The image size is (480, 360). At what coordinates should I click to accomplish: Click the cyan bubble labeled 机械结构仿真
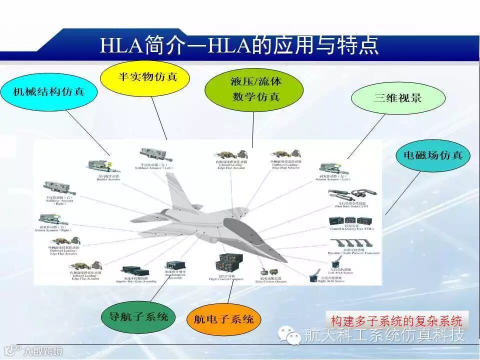[x=48, y=91]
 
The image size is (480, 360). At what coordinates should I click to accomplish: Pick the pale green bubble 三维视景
[x=397, y=97]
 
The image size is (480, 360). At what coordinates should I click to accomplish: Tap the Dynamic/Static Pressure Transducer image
[x=351, y=244]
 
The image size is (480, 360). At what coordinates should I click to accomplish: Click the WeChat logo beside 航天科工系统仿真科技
[x=291, y=334]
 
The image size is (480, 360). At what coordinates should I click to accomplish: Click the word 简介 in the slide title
[x=159, y=45]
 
